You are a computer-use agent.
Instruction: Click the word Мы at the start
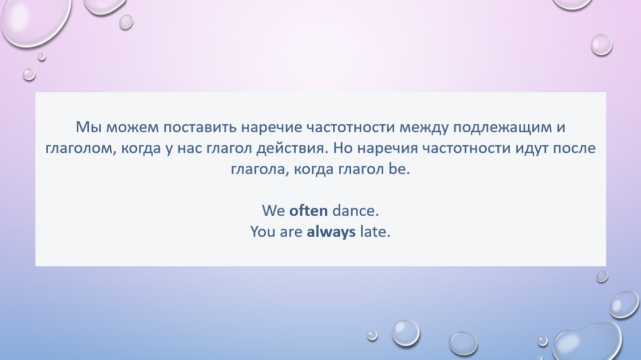tap(88, 127)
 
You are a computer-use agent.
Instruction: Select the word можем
tap(133, 128)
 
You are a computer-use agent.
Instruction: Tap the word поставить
tap(200, 128)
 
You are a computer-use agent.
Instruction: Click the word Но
tap(343, 148)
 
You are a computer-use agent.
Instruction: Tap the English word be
tap(399, 169)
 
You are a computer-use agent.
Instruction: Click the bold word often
tap(308, 210)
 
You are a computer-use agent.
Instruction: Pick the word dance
tap(355, 210)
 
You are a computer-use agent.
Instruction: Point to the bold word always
tap(331, 232)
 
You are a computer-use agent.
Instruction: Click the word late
tap(375, 231)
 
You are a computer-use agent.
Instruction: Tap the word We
tap(273, 210)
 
